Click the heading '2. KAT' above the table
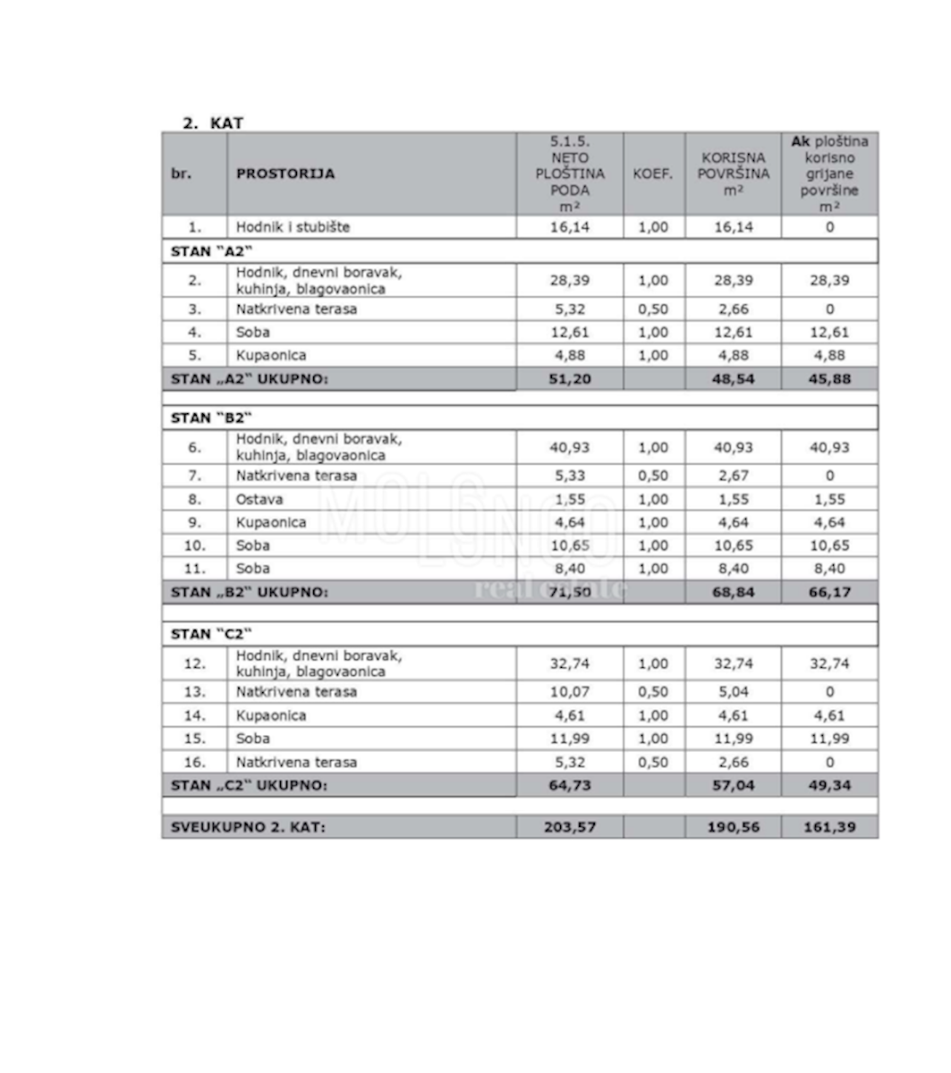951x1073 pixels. [212, 123]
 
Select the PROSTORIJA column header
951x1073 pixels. [285, 173]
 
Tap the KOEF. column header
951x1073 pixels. [653, 173]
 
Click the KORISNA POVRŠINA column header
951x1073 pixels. [733, 173]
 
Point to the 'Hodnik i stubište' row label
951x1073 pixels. [293, 227]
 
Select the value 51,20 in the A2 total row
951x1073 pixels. [569, 379]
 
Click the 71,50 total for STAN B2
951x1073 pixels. [569, 592]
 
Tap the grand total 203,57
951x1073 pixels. [569, 827]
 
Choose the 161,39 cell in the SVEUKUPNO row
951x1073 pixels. [829, 827]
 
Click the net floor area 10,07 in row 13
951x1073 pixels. [569, 692]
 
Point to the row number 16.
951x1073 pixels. [194, 763]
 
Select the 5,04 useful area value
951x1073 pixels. [733, 692]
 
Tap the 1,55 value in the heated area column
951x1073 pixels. [829, 499]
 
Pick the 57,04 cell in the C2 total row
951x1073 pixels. [733, 785]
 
